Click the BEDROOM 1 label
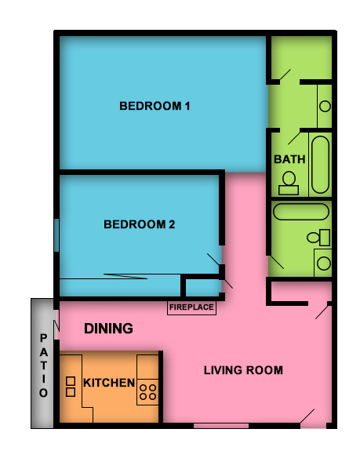[155, 106]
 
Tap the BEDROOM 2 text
[140, 224]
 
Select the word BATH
[289, 159]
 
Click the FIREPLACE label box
[191, 307]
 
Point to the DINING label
[108, 329]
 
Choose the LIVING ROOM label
[243, 370]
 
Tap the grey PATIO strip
[43, 363]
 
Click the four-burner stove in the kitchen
[147, 390]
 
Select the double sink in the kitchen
[70, 386]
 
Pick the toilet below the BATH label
[289, 184]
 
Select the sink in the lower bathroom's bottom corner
[322, 263]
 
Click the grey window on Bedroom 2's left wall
[56, 235]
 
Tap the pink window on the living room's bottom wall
[215, 426]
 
